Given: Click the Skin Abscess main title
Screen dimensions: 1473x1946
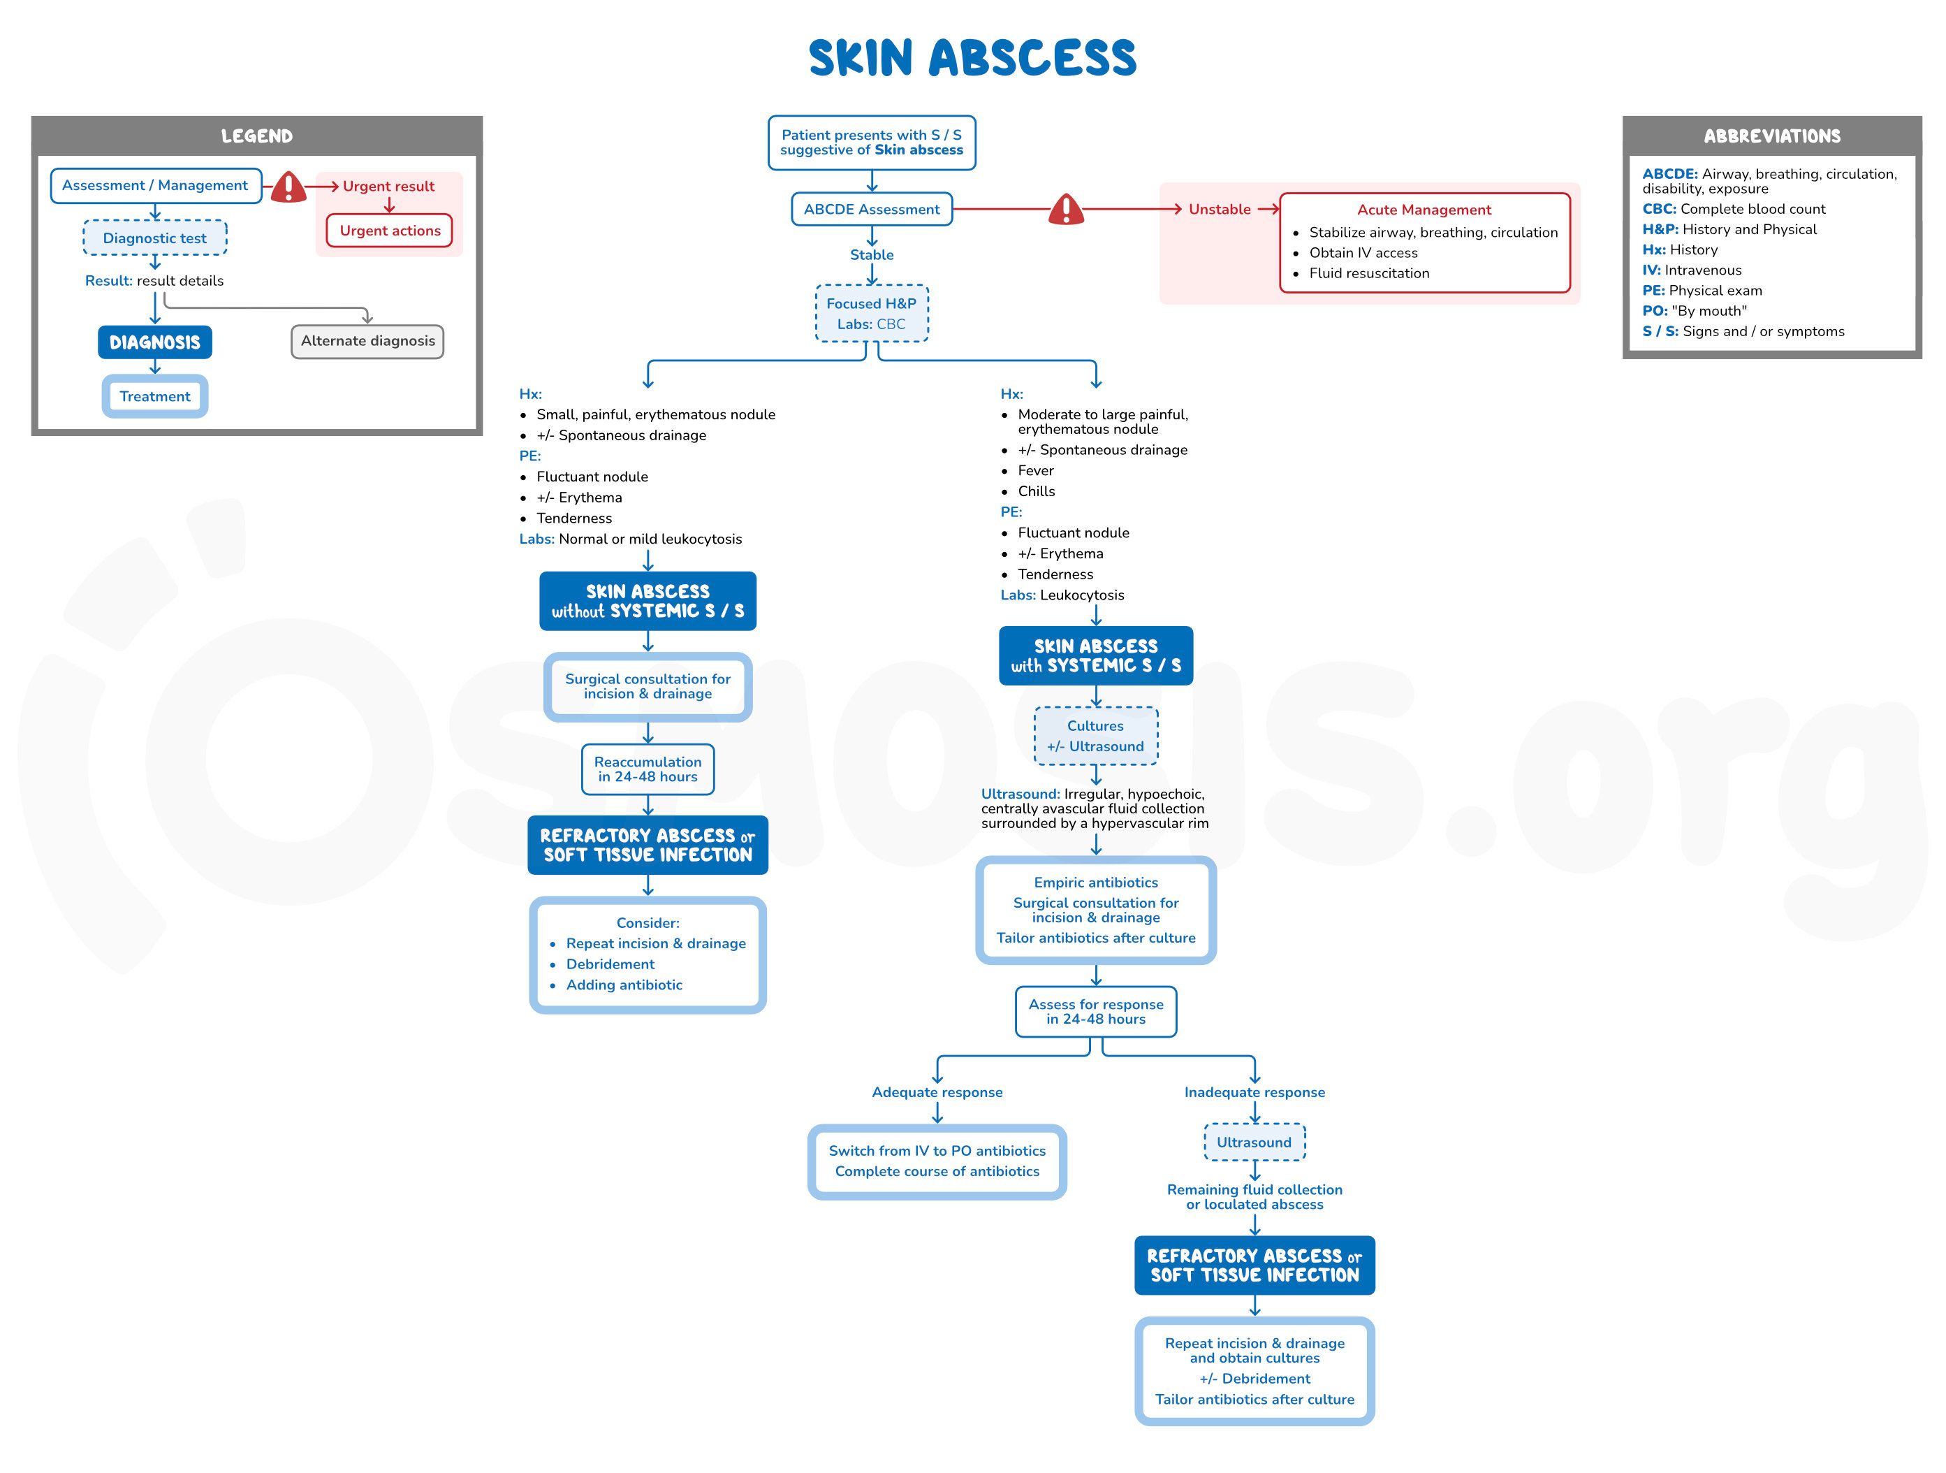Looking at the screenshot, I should tap(972, 58).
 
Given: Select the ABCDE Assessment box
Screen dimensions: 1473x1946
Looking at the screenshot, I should tap(871, 210).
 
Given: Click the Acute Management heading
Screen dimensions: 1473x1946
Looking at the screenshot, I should tap(1424, 210).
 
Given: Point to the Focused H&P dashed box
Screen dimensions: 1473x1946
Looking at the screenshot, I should tap(871, 313).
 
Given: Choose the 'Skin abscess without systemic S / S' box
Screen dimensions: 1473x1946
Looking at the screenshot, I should tap(648, 601).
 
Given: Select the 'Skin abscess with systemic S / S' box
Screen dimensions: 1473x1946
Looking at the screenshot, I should tap(1095, 655).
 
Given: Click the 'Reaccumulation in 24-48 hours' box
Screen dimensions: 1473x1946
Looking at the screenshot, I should tap(648, 769).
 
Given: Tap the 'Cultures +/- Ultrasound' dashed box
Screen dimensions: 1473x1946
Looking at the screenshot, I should tap(1095, 736).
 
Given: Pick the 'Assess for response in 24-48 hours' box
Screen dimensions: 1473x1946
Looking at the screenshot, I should tap(1095, 1011).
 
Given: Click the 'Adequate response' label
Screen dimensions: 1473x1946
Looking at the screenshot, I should tap(937, 1092).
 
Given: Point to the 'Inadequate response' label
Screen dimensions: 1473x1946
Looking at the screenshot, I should tap(1254, 1092).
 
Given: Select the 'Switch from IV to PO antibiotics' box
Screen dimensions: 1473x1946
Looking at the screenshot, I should tap(937, 1161).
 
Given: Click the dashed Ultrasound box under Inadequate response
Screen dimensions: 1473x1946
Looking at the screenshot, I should tap(1254, 1142).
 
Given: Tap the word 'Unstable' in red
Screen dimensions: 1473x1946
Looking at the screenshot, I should tap(1220, 210).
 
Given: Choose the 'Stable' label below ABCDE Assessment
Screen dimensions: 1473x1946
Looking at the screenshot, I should tap(871, 255).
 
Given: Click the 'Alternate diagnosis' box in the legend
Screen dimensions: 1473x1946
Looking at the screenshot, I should tap(367, 342).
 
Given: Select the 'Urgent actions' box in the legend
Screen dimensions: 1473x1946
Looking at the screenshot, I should tap(390, 231).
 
